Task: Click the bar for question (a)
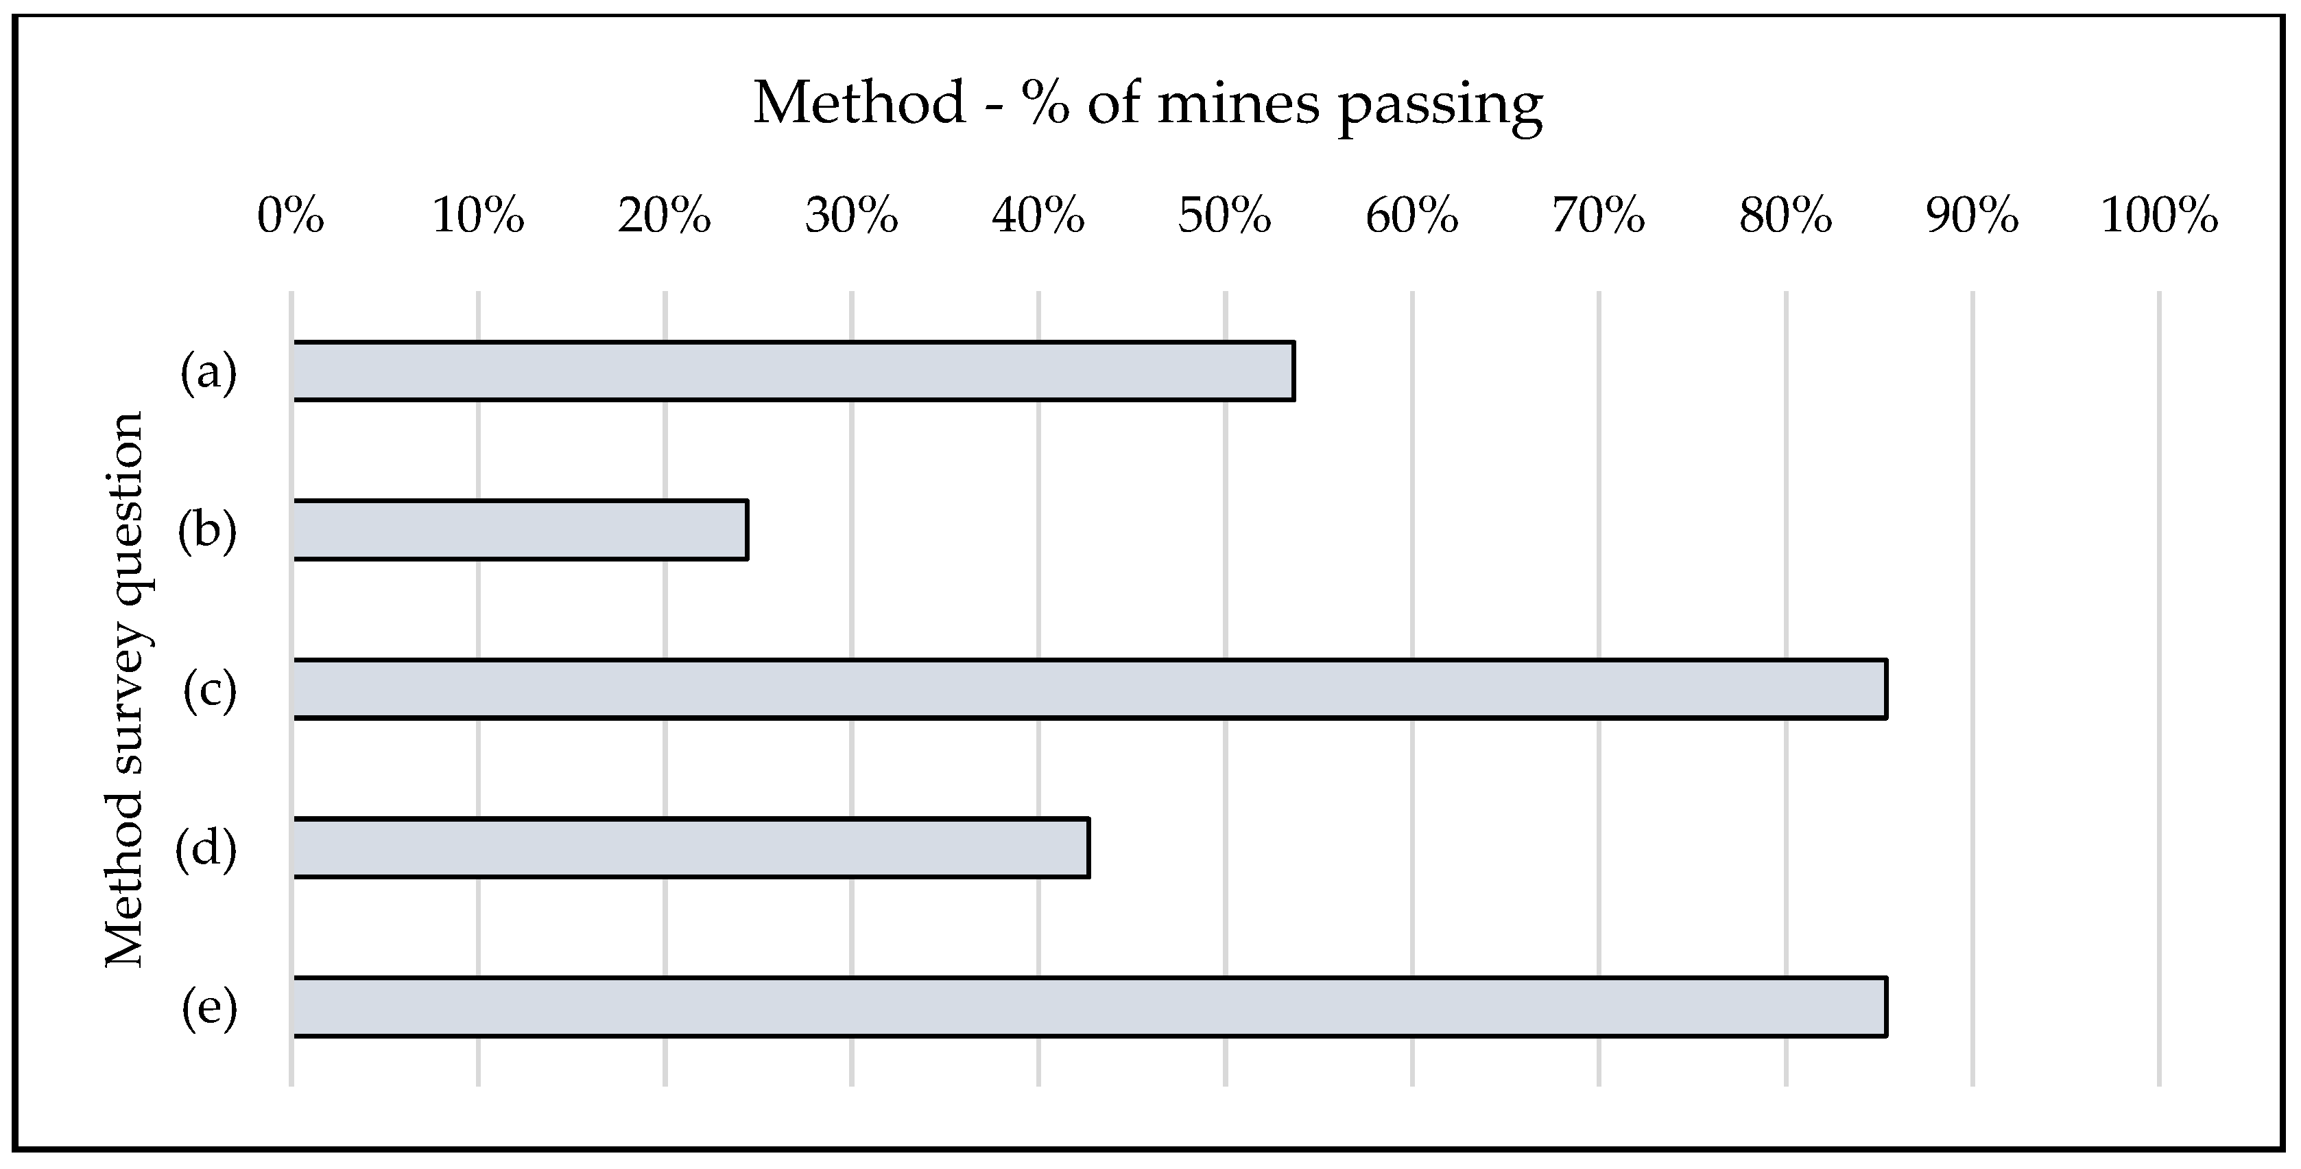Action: pos(794,371)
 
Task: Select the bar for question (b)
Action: pos(520,530)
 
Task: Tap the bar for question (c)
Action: pos(1089,688)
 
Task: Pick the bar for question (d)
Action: pos(691,847)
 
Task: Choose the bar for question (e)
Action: pos(1089,1007)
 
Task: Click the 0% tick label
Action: pos(291,217)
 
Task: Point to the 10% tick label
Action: pos(478,217)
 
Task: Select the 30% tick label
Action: pos(851,217)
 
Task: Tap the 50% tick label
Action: pos(1225,217)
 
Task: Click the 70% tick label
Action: pos(1598,217)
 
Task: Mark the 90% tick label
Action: pos(1971,217)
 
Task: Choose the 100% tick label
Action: pos(2159,217)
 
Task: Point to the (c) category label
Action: pos(210,690)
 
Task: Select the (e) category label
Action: pos(209,1008)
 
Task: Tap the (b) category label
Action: pos(207,530)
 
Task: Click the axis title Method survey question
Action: pos(125,690)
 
